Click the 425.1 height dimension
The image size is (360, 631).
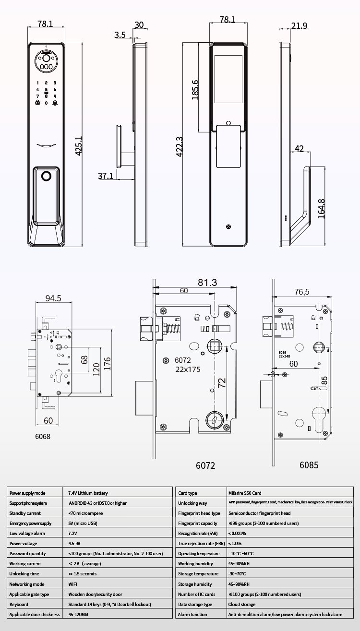click(79, 146)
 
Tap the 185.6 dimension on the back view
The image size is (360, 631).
click(195, 90)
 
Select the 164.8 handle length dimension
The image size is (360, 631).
click(322, 208)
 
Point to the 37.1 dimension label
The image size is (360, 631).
click(106, 176)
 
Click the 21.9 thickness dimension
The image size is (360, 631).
click(299, 26)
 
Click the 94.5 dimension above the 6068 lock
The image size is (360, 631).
click(53, 298)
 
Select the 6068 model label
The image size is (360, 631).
click(43, 437)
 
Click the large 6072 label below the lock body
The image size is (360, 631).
click(205, 465)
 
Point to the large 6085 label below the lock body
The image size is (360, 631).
click(309, 465)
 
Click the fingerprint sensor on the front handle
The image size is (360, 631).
click(47, 176)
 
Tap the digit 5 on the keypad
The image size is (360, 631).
click(47, 90)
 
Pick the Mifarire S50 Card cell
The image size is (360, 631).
click(245, 493)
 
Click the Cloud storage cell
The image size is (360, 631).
click(242, 604)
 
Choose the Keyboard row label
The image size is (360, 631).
click(19, 604)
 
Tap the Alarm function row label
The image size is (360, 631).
click(192, 614)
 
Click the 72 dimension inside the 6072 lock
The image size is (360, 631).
click(222, 382)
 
